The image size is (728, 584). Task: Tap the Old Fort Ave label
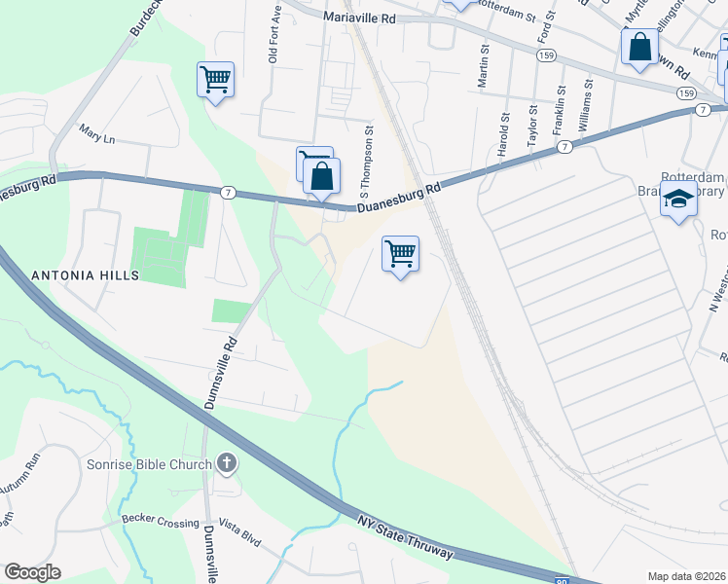tap(275, 40)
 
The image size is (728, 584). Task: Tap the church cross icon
tap(226, 463)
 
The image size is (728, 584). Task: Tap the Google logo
tap(32, 572)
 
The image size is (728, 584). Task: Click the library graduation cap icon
tap(678, 201)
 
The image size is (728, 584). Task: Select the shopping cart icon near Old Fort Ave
tap(215, 79)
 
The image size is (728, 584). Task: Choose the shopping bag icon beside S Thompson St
tap(321, 176)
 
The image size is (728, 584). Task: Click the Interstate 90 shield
tap(561, 580)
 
